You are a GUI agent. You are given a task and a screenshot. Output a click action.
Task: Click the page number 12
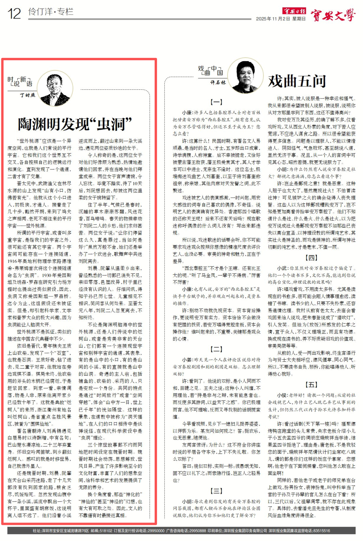coord(14,14)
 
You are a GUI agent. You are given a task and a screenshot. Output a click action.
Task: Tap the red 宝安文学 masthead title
coord(333,15)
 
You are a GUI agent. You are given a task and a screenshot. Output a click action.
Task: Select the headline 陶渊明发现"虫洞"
coord(75,124)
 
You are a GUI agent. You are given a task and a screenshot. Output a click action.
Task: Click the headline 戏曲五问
coord(297,81)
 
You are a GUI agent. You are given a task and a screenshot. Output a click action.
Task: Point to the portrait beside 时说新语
coord(55,88)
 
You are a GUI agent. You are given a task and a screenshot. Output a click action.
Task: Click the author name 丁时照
coord(27,95)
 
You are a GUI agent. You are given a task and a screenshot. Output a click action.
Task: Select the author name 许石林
coord(218,82)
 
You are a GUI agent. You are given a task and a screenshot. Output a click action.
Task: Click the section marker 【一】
coord(216,102)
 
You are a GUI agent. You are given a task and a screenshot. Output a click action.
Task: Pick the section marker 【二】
coord(216,349)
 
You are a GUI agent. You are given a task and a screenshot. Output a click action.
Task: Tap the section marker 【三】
coord(216,491)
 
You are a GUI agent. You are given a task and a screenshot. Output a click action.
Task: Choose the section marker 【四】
coord(311,258)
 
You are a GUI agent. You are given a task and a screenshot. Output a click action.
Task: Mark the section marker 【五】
coord(311,385)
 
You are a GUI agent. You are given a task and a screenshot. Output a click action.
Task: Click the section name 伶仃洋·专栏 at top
coord(51,12)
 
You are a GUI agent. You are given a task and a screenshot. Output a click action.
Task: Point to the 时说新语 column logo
coord(20,81)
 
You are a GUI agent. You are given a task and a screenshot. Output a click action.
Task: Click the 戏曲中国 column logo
coord(210,71)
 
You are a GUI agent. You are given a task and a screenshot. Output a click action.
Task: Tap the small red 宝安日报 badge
coord(294,11)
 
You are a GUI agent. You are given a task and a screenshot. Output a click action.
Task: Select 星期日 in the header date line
coord(299,19)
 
